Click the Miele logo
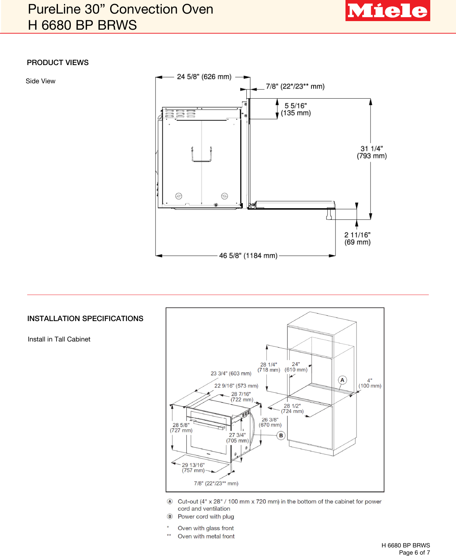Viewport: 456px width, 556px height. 387,11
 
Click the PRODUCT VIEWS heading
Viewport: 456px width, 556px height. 58,63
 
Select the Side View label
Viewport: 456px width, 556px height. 40,81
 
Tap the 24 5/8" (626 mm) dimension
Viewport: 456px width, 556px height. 204,77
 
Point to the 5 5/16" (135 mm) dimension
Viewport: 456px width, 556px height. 295,109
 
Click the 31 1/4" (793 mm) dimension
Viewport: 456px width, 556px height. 372,152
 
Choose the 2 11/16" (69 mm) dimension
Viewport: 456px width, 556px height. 357,238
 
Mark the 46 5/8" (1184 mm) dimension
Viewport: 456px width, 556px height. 248,256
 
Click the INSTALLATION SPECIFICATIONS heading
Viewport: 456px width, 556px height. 85,319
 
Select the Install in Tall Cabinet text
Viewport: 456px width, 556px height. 59,339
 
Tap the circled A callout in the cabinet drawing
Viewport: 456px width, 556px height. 342,380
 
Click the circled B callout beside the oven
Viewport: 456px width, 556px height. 281,435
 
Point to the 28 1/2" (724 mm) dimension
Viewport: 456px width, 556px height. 292,409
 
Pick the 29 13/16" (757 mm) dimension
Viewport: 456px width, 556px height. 193,468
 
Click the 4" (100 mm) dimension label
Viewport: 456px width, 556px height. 370,383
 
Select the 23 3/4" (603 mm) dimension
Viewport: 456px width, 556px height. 231,373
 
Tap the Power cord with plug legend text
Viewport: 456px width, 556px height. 206,517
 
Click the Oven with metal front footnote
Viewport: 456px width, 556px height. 206,536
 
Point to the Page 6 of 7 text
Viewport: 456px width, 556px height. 414,552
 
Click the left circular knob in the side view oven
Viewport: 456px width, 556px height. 179,196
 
